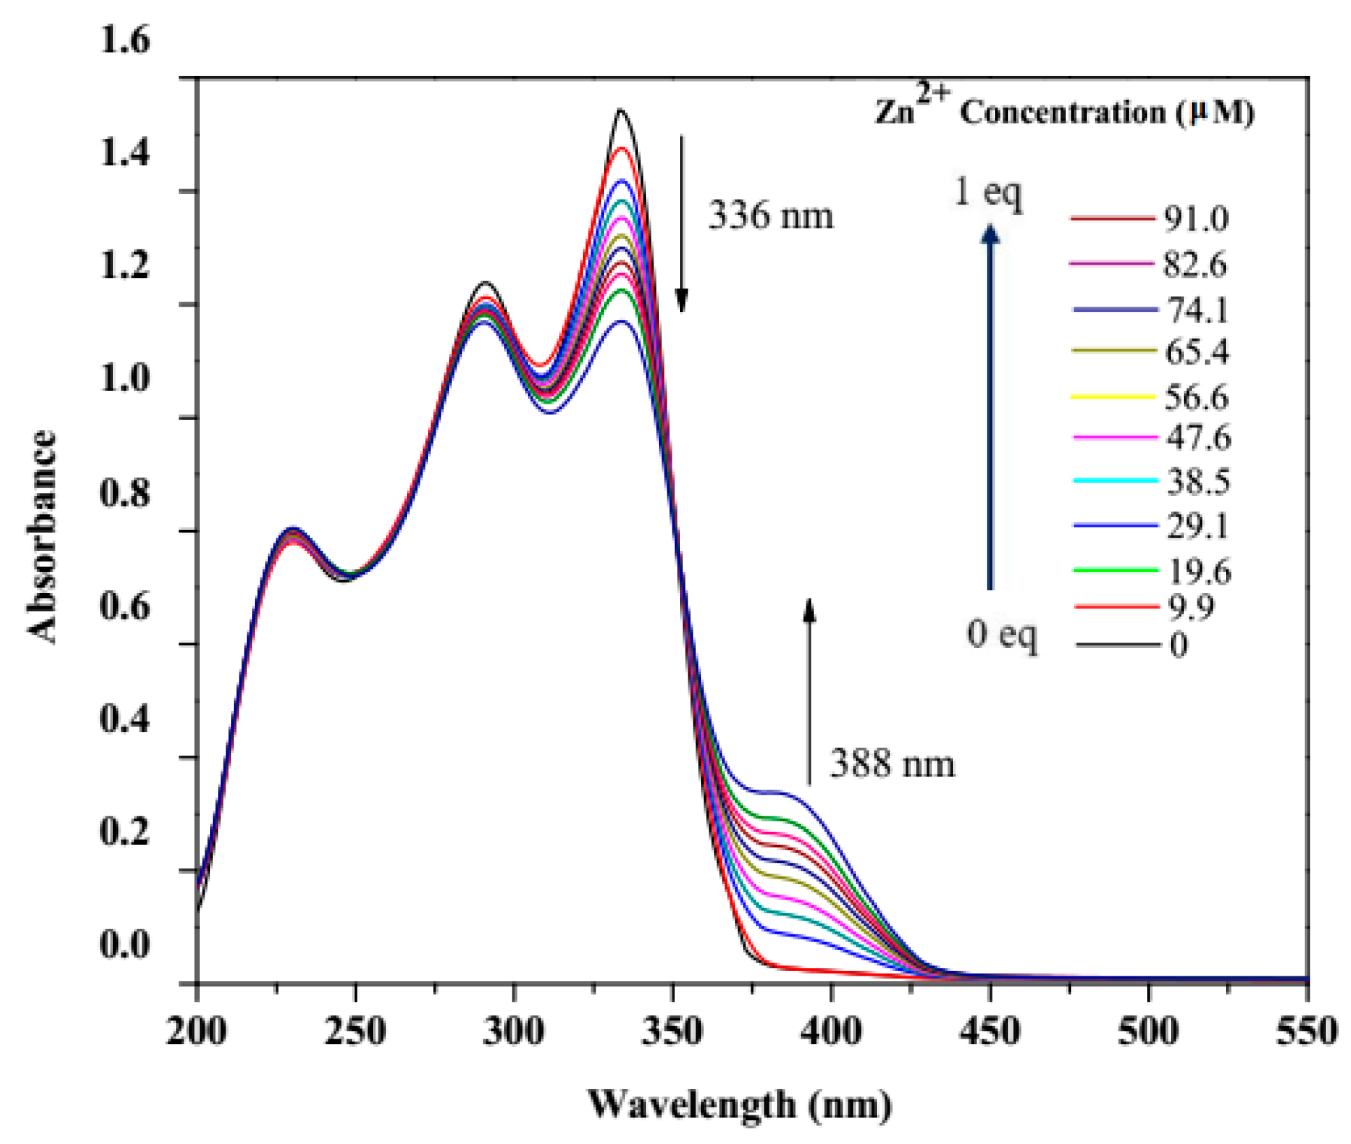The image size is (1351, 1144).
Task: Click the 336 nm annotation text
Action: [771, 216]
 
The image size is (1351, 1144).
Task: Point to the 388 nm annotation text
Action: [892, 763]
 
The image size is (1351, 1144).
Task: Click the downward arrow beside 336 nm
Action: [681, 223]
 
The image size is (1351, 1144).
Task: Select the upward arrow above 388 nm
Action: [809, 691]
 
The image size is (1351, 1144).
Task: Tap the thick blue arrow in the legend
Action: [990, 405]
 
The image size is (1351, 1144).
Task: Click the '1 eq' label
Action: [987, 191]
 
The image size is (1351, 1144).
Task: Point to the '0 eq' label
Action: [1001, 634]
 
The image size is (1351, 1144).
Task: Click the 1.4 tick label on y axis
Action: [125, 153]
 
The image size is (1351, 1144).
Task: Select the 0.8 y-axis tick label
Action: [125, 492]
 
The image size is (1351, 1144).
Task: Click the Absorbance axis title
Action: [41, 536]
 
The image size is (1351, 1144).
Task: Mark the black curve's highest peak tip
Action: [620, 110]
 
